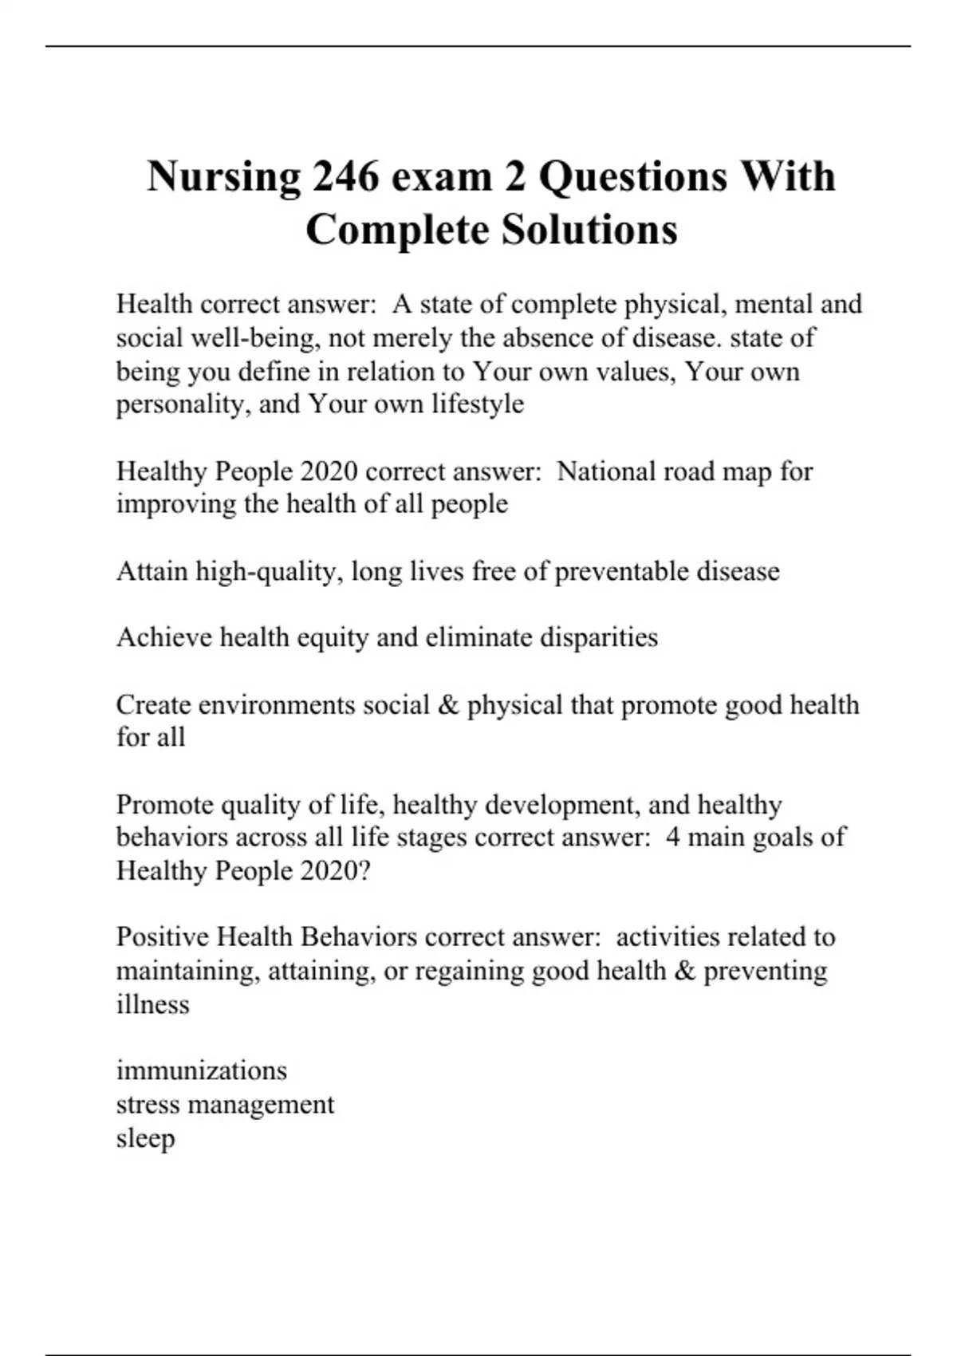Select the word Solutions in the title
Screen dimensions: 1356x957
coord(589,230)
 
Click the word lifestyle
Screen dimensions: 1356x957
coord(478,404)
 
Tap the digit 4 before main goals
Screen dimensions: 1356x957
coord(672,838)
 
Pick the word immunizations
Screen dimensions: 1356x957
coord(202,1070)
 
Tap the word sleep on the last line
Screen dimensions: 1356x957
coord(145,1138)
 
